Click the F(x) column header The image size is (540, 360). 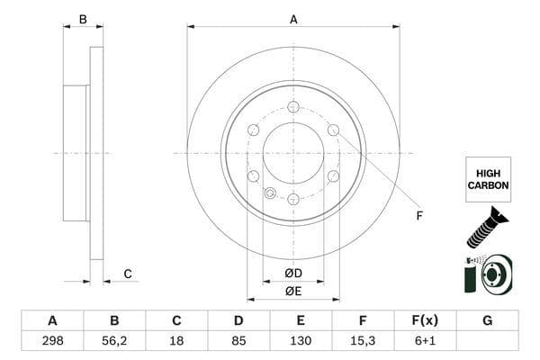[425, 320]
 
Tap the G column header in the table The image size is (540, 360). [487, 320]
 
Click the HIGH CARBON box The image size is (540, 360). [488, 179]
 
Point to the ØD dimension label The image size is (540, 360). [292, 273]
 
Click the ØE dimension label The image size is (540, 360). [292, 291]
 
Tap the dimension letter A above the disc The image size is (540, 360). [293, 18]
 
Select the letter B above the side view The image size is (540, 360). [83, 18]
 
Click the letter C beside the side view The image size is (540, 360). [128, 274]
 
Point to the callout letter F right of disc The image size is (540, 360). [418, 215]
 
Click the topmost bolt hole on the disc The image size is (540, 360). [293, 107]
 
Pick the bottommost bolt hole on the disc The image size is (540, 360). [293, 199]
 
